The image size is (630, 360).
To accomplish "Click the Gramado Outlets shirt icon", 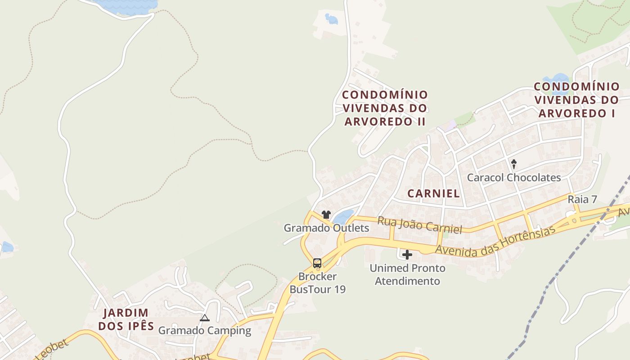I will [326, 215].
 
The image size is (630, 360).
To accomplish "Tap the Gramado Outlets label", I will [326, 228].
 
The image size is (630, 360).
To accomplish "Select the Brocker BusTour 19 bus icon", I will [317, 263].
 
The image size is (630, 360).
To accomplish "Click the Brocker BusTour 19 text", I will [318, 283].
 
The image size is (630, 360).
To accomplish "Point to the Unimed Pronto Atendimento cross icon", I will [407, 255].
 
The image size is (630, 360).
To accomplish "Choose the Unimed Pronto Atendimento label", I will [408, 274].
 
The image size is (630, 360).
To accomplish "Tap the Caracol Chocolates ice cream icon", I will [514, 164].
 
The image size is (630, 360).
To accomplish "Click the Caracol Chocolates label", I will [514, 177].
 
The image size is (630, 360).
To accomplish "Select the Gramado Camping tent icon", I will [205, 318].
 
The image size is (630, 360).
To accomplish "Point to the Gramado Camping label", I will [205, 330].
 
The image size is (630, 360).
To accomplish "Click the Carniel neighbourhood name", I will [433, 193].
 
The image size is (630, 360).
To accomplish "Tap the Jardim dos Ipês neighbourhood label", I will [126, 319].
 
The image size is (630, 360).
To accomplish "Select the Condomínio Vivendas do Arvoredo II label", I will [385, 108].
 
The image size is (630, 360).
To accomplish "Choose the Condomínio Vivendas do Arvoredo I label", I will [576, 99].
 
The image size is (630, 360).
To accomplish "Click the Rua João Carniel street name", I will [419, 225].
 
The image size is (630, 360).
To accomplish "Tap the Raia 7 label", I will [582, 199].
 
